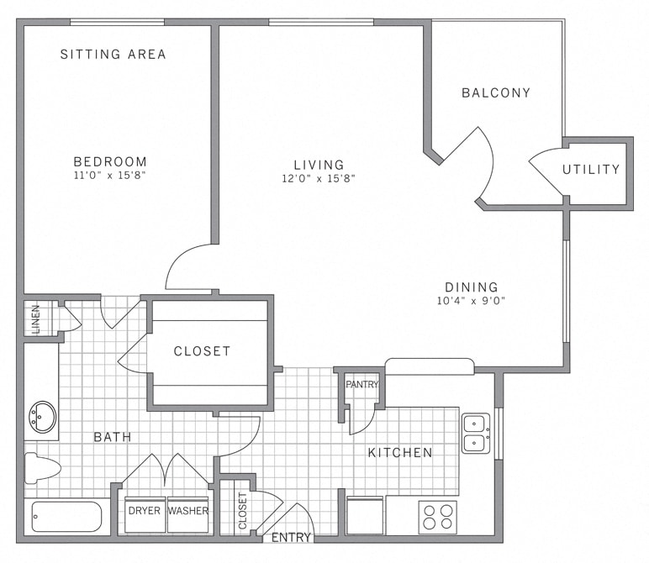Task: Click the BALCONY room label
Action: tap(496, 93)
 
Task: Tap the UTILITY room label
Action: tap(591, 170)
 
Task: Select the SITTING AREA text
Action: tap(113, 55)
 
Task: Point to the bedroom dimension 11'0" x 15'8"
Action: tap(110, 177)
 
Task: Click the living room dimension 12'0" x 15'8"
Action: tap(319, 178)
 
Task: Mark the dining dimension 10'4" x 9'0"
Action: tap(471, 301)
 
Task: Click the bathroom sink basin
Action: tap(42, 416)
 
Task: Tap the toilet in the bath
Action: tap(42, 467)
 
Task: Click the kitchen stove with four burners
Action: tap(437, 517)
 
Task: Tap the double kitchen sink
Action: tap(476, 433)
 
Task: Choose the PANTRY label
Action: tap(362, 385)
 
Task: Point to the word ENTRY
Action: tap(292, 538)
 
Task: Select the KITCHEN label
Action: tap(400, 453)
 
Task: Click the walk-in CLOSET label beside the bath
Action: tap(202, 351)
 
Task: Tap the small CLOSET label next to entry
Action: tap(242, 511)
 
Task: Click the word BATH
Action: tap(112, 437)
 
